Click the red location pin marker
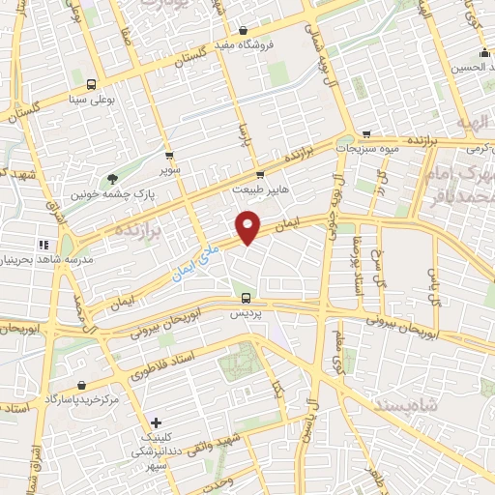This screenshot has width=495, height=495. tap(249, 226)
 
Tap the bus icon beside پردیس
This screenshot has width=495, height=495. tap(246, 298)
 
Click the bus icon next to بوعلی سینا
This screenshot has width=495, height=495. tap(92, 83)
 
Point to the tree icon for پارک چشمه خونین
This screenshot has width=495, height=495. tap(112, 178)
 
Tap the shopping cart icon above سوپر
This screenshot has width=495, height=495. tap(170, 155)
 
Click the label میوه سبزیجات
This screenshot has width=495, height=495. tap(368, 150)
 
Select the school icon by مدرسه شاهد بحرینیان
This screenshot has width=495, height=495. tap(43, 245)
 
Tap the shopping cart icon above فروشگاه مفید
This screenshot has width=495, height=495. tap(243, 30)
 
